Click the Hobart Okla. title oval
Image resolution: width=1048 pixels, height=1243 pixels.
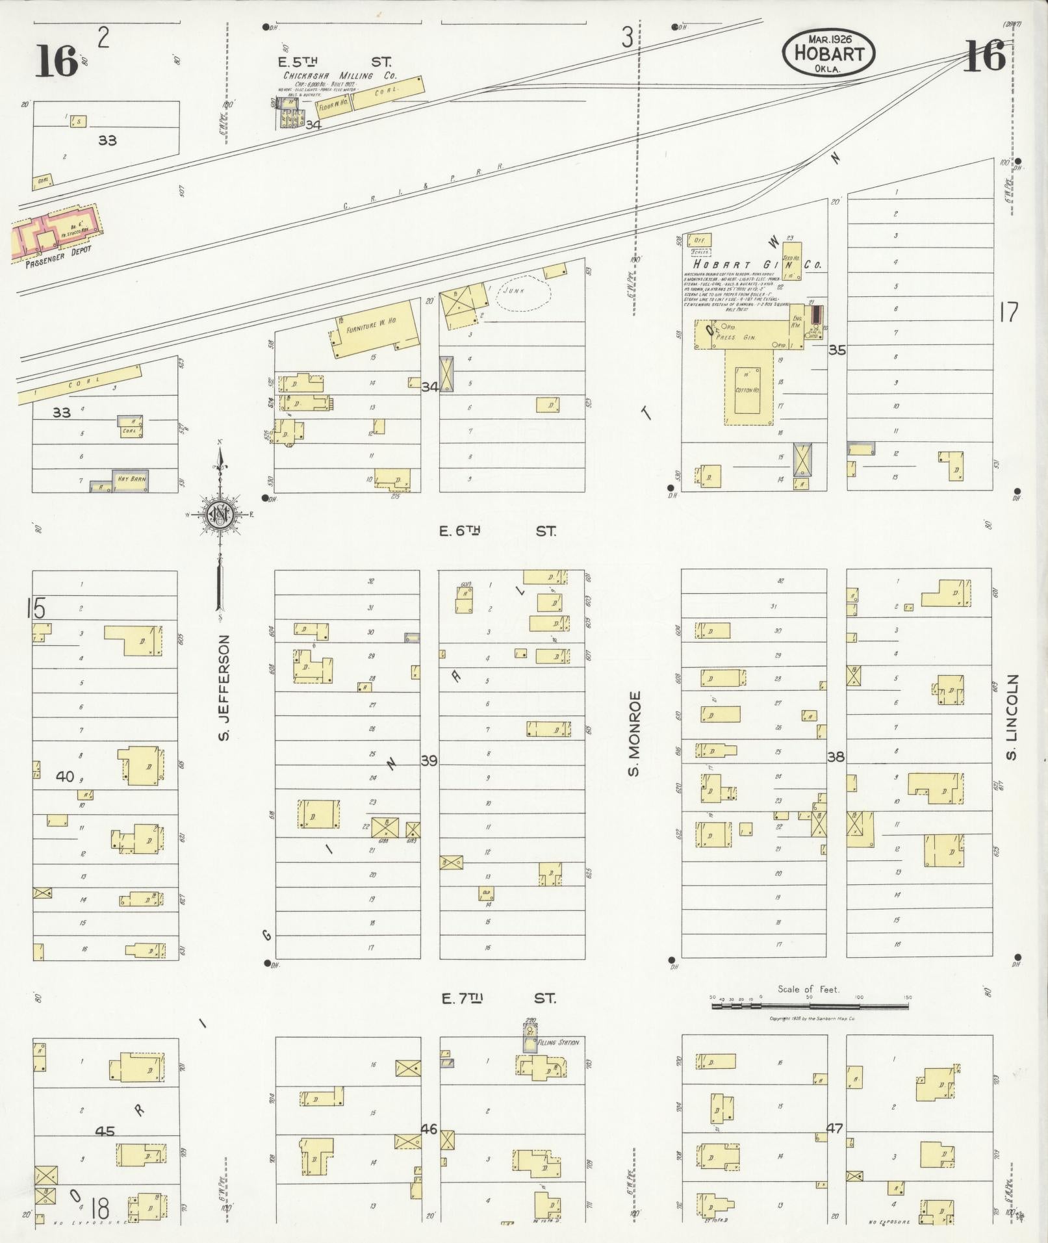tap(828, 52)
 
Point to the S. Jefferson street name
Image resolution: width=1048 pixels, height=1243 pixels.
tap(225, 688)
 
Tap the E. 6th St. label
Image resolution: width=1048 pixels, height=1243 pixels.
tap(498, 532)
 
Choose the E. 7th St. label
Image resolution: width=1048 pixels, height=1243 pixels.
tap(498, 999)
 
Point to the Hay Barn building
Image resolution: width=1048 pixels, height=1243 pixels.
tap(131, 480)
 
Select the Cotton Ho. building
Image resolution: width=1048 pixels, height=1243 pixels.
tap(748, 390)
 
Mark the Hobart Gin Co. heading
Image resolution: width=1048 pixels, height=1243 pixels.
tap(757, 264)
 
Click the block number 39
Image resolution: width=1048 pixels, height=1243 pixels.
tap(429, 760)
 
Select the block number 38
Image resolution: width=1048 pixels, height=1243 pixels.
tap(836, 756)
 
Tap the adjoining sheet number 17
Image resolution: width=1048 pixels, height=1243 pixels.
tap(1009, 313)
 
